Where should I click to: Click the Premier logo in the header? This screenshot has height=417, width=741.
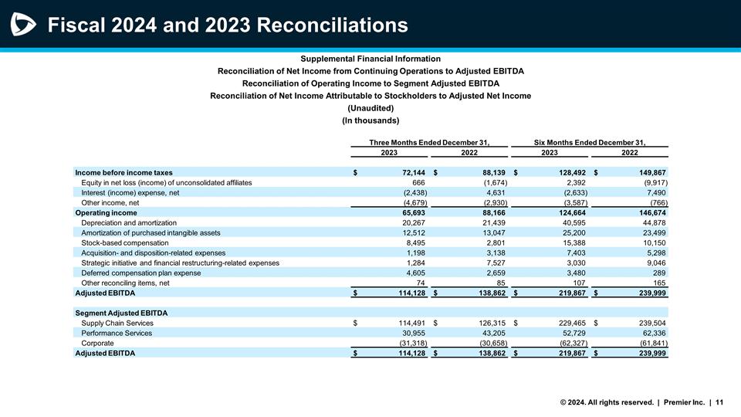tap(24, 25)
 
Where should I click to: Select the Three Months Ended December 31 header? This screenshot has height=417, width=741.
tap(430, 142)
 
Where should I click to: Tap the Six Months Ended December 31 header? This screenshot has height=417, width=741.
tap(589, 142)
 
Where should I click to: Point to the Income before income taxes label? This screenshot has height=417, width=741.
tap(123, 171)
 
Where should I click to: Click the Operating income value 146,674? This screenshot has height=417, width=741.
tap(649, 212)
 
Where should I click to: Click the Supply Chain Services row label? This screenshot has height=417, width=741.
tap(117, 323)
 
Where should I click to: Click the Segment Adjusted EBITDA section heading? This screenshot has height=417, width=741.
tap(120, 312)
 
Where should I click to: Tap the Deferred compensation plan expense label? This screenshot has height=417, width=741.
tap(140, 273)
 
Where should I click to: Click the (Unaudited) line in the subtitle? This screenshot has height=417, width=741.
tap(370, 108)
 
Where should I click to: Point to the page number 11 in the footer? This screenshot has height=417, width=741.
tap(719, 402)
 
